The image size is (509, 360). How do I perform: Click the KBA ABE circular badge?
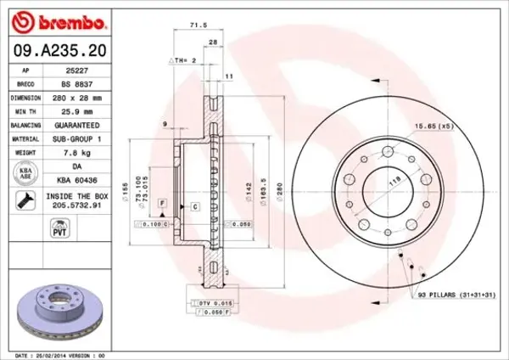coord(25,173)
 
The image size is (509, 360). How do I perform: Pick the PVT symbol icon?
coord(25,230)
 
